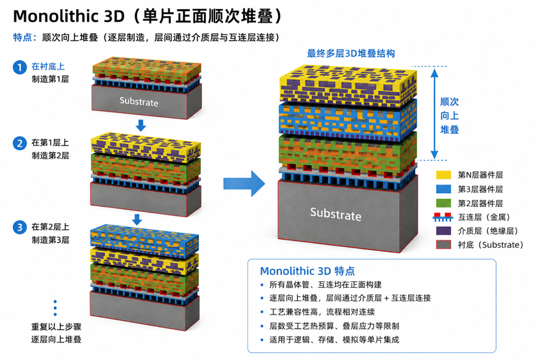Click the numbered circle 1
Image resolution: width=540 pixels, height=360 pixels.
[x=19, y=67]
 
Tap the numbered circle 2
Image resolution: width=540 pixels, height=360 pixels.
[x=19, y=144]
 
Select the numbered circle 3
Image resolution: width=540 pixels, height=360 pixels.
[x=19, y=227]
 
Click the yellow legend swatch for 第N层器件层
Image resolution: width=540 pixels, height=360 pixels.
[x=443, y=175]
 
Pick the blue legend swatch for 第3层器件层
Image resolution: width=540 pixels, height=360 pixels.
[x=443, y=189]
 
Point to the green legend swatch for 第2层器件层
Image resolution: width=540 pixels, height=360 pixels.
[x=443, y=203]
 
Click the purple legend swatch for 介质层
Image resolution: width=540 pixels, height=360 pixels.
[x=443, y=231]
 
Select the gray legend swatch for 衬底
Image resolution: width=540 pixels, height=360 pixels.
[x=443, y=244]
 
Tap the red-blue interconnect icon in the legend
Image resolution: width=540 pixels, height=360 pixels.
[x=443, y=217]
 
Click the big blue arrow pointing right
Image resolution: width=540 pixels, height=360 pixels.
[x=244, y=183]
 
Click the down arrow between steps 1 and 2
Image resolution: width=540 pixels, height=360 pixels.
[x=140, y=125]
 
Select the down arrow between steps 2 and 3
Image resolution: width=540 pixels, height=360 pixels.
[x=137, y=220]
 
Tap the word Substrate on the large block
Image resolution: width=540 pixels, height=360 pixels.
[x=336, y=214]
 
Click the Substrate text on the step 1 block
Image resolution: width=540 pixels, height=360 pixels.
[x=139, y=101]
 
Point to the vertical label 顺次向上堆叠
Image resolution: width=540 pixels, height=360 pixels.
[x=450, y=116]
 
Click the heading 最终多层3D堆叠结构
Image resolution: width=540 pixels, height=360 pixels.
[x=351, y=53]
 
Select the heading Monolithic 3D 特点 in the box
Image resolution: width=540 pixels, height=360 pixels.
[x=307, y=271]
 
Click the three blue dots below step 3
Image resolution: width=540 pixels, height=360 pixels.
[x=55, y=308]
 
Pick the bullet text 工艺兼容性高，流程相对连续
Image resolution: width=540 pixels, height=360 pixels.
[x=322, y=312]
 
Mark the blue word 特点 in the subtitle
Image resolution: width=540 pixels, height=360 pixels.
[x=22, y=37]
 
